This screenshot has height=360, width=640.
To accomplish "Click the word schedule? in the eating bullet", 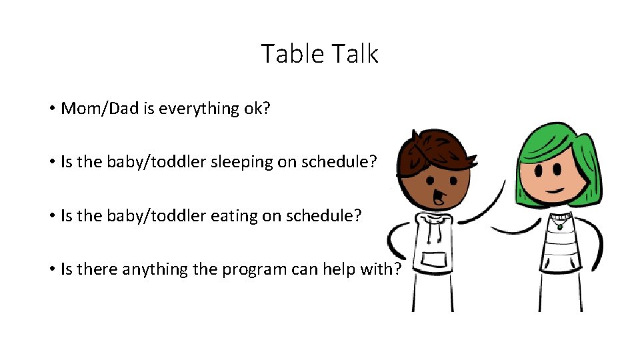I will click(x=327, y=216).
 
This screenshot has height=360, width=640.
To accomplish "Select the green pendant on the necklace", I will click(x=560, y=226).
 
